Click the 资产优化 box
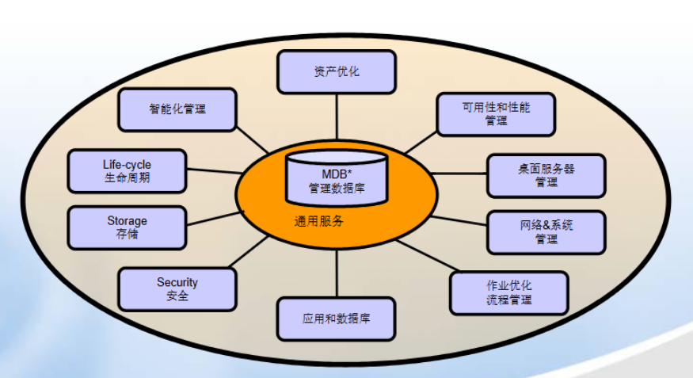coord(337,72)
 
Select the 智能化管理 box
coord(177,109)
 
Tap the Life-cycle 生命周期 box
coord(127,171)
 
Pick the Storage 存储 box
coord(127,227)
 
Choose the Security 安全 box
coord(177,289)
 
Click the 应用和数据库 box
coord(337,319)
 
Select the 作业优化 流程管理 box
coord(508,293)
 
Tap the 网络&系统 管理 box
coord(546,232)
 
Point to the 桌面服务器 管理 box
coord(546,175)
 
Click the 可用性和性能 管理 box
coord(496,114)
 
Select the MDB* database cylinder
coord(337,178)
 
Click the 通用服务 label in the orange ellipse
coord(318,221)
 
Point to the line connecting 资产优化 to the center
coord(337,117)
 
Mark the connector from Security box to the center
coord(249,251)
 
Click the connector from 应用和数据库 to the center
coord(337,273)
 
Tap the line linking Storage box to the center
coord(215,219)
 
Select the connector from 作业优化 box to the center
coord(428,255)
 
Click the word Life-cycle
coord(127,165)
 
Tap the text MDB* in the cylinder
coord(337,174)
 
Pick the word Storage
coord(127,220)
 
